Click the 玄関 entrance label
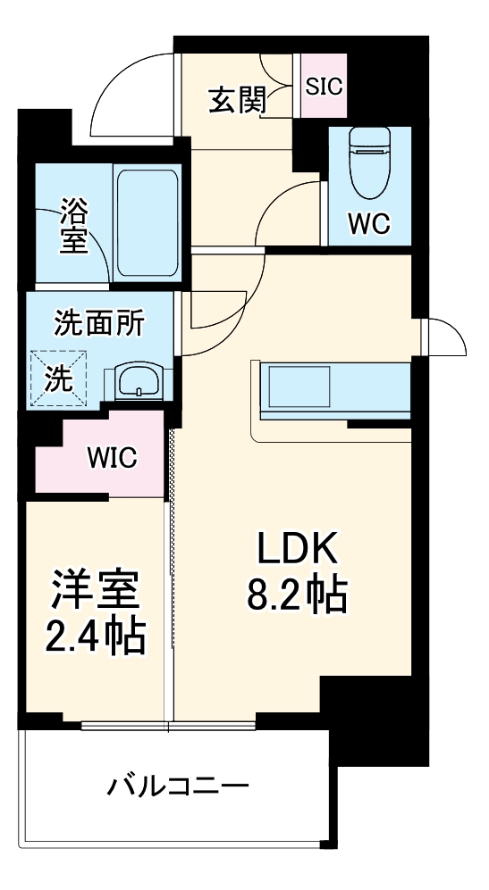[237, 100]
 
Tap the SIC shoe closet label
[323, 86]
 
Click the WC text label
[368, 223]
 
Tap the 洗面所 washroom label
[99, 323]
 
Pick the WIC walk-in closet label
[112, 459]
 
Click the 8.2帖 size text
[297, 596]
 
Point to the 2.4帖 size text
[95, 636]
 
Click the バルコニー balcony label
[178, 786]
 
